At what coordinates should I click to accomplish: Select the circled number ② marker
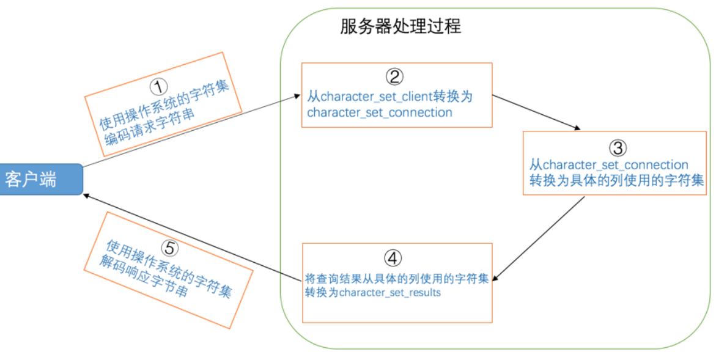[394, 76]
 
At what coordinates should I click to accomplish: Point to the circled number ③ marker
[618, 147]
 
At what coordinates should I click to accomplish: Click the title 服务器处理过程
[400, 27]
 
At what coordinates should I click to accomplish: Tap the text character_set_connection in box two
[380, 112]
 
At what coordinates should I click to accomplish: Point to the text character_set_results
[390, 293]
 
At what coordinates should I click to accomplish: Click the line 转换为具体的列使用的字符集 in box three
[617, 181]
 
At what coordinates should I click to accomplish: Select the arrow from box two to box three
[536, 111]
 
